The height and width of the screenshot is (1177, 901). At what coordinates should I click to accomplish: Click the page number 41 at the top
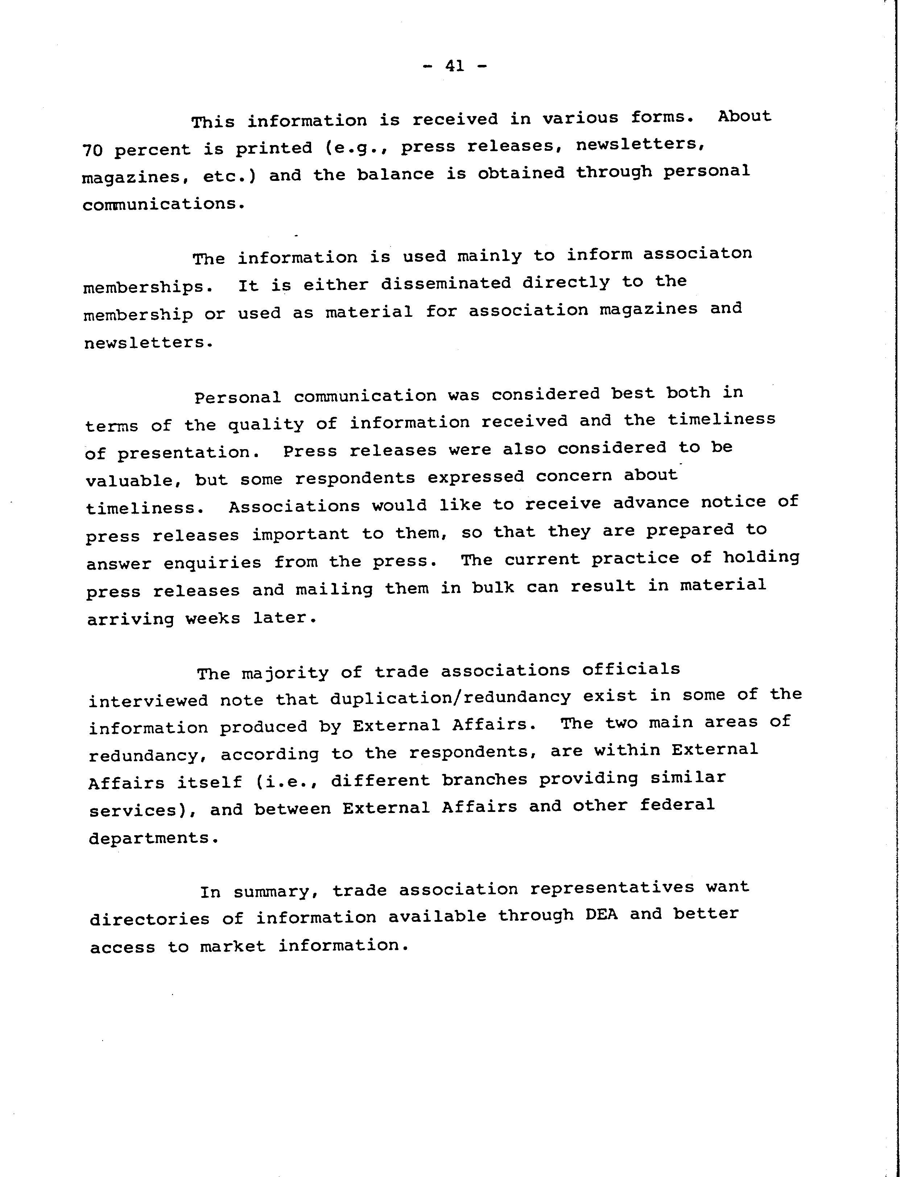(x=454, y=66)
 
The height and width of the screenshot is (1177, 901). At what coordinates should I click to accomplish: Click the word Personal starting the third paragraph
(x=237, y=397)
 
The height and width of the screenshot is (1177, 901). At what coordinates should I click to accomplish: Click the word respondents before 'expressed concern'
(x=355, y=478)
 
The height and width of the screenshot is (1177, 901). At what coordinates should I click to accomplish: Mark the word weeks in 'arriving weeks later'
(x=212, y=619)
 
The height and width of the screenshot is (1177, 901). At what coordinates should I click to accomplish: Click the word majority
(x=285, y=672)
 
